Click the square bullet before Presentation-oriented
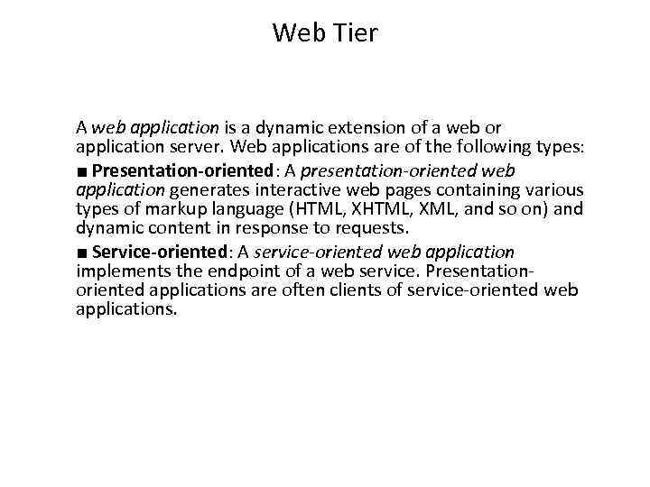click(82, 171)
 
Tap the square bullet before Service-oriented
click(82, 253)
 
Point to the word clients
click(364, 290)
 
